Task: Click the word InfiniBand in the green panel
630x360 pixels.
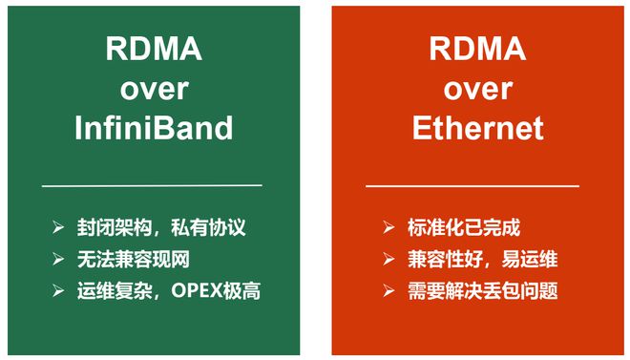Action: coord(154,128)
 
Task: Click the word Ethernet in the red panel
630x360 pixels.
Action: coord(477,128)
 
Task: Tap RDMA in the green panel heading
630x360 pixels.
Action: coord(154,49)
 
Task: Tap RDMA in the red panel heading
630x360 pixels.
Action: coord(477,49)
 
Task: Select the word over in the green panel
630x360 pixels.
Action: coord(154,90)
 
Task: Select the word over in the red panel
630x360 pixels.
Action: coord(477,90)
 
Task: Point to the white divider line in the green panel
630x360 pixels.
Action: coord(152,185)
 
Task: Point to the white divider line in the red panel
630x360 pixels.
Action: coord(472,186)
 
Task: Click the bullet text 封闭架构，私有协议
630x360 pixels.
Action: coord(161,227)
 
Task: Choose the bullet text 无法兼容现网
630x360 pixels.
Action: coord(134,259)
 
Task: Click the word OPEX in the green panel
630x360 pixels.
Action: coord(197,290)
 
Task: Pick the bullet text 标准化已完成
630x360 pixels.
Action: coord(464,227)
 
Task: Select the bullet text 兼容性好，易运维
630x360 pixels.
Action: coord(483,259)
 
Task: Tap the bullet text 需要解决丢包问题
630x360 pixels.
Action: coord(483,290)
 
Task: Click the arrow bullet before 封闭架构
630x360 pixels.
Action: coord(58,227)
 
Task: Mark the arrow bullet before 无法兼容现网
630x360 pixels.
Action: coord(58,259)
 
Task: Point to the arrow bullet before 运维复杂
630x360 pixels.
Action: coord(58,290)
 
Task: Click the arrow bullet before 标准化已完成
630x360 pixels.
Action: coord(388,227)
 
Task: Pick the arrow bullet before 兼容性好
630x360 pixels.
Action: coord(388,259)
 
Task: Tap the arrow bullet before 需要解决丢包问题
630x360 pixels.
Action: coord(388,290)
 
